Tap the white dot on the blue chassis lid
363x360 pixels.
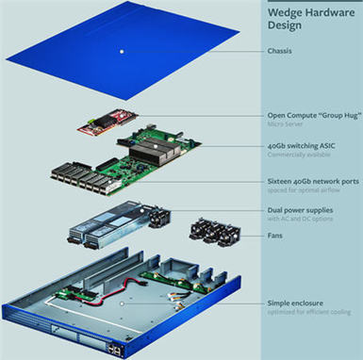tap(122, 50)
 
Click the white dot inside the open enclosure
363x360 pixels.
tap(122, 303)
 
